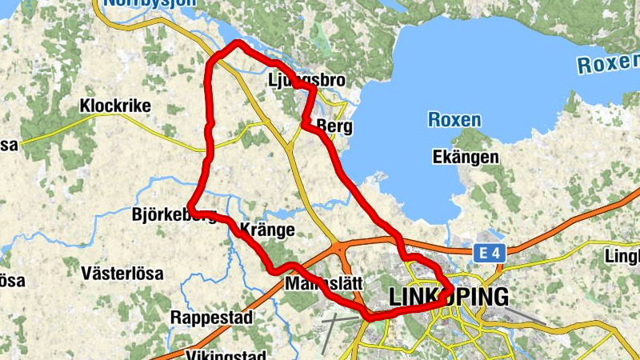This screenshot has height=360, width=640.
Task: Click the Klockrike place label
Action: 115,106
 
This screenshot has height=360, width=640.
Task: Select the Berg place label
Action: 334,126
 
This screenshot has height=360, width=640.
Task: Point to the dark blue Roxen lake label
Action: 454,120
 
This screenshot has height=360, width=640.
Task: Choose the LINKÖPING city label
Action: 448,297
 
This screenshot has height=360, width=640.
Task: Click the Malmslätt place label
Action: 324,284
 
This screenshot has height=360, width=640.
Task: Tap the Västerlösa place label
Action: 122,274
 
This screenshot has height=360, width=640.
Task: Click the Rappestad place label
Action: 211,318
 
